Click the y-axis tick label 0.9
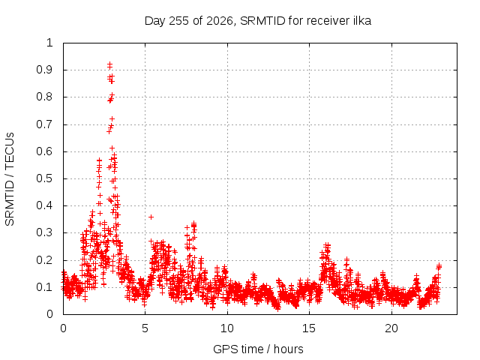pyautogui.click(x=45, y=70)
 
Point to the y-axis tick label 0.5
pyautogui.click(x=45, y=178)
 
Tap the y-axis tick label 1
pyautogui.click(x=49, y=43)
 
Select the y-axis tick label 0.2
pyautogui.click(x=45, y=260)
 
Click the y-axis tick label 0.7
pyautogui.click(x=45, y=124)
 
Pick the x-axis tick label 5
pyautogui.click(x=145, y=328)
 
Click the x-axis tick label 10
pyautogui.click(x=227, y=328)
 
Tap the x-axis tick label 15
pyautogui.click(x=309, y=328)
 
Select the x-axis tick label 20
pyautogui.click(x=391, y=328)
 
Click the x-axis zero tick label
pyautogui.click(x=63, y=328)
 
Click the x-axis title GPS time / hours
pyautogui.click(x=258, y=349)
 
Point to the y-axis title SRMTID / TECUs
pyautogui.click(x=10, y=179)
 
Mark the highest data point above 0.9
pyautogui.click(x=109, y=64)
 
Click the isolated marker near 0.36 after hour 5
pyautogui.click(x=151, y=217)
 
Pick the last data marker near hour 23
pyautogui.click(x=439, y=265)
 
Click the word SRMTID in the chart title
pyautogui.click(x=262, y=20)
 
